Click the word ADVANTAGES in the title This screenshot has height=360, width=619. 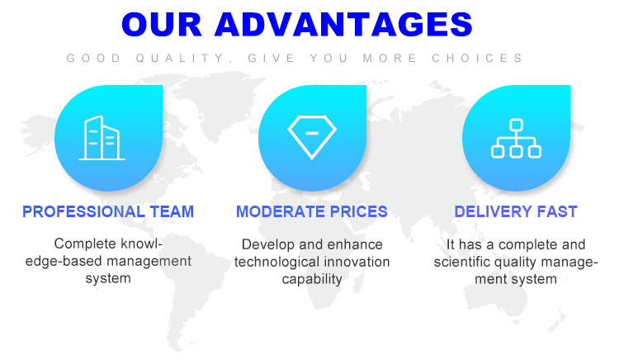[343, 25]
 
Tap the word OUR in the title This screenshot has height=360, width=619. [162, 25]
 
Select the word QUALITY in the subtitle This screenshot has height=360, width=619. [184, 59]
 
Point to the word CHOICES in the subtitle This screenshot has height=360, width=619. [477, 59]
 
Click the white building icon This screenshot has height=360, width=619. [102, 138]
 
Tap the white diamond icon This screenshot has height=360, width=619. [312, 137]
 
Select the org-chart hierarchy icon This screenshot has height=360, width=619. [516, 138]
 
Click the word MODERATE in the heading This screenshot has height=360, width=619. [281, 212]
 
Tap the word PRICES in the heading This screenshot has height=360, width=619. [358, 212]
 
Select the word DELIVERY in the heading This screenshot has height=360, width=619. [493, 212]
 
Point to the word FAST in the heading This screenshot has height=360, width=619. [556, 212]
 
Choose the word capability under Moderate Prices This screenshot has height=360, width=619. [312, 279]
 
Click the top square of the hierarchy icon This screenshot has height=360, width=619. [516, 125]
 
